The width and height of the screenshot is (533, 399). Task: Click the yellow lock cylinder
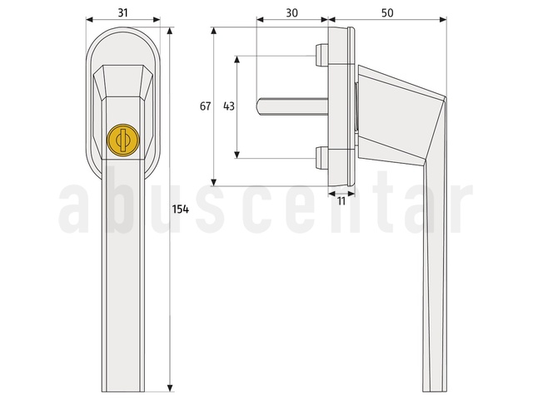(123, 140)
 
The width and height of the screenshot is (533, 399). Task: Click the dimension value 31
(122, 13)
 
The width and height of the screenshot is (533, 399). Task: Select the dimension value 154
(180, 209)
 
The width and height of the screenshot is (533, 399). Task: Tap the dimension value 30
(291, 13)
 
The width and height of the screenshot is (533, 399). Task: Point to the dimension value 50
(387, 13)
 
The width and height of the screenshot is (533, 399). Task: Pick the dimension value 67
(205, 106)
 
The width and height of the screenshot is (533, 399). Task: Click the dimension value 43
(229, 106)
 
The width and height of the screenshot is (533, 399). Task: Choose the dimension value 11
(341, 201)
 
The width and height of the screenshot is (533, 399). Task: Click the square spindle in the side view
(292, 106)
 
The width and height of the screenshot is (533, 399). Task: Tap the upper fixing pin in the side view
(321, 56)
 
